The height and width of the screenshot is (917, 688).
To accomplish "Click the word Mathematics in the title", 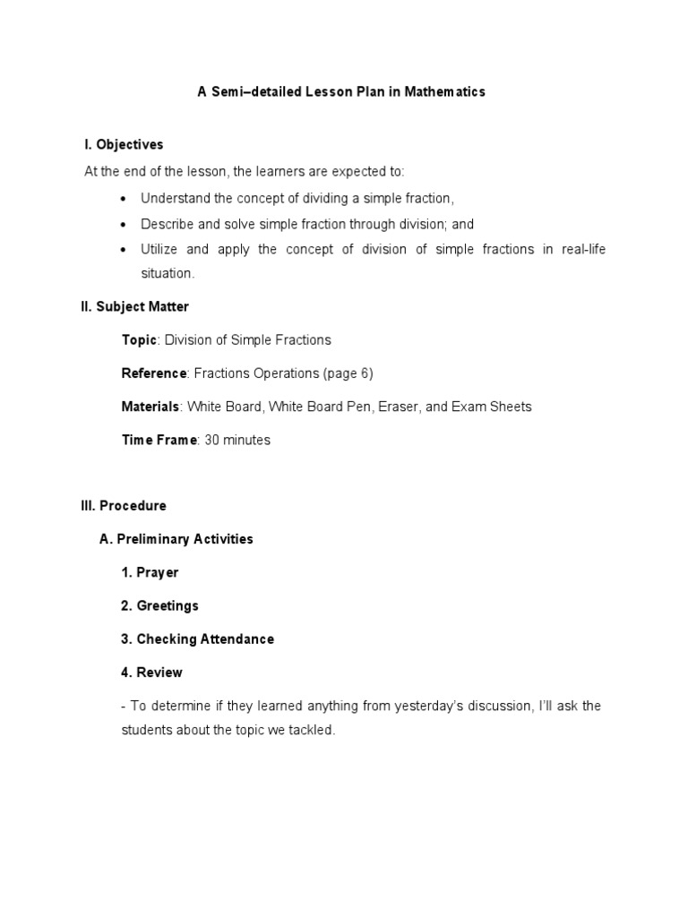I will pyautogui.click(x=443, y=91).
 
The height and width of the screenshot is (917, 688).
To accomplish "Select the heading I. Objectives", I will pyautogui.click(x=124, y=144).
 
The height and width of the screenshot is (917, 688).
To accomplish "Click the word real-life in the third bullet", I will pyautogui.click(x=583, y=249).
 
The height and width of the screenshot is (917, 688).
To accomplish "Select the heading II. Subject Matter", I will pyautogui.click(x=134, y=306).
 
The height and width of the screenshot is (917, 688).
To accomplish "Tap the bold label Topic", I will pyautogui.click(x=139, y=339).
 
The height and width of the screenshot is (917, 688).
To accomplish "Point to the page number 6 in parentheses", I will pyautogui.click(x=364, y=373).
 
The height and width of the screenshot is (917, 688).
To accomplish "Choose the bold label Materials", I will pyautogui.click(x=150, y=407).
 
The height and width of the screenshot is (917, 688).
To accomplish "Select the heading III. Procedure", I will pyautogui.click(x=124, y=506).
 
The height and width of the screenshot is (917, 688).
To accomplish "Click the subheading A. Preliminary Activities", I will pyautogui.click(x=176, y=539).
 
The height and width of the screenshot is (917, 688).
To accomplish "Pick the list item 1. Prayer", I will pyautogui.click(x=150, y=572).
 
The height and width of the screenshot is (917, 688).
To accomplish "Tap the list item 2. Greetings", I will pyautogui.click(x=159, y=605).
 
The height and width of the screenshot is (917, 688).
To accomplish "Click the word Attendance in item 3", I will pyautogui.click(x=237, y=639).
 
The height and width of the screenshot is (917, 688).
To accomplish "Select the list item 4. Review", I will pyautogui.click(x=151, y=673).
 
